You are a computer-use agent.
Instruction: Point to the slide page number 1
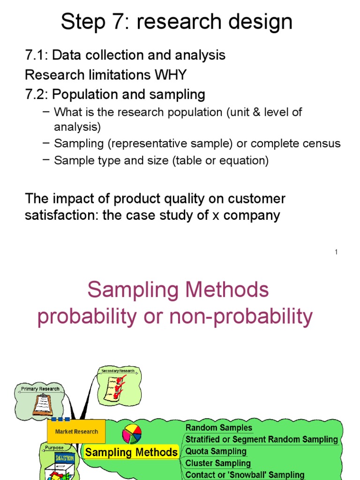[336, 252]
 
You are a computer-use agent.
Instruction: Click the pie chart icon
[132, 434]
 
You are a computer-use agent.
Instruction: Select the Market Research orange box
[76, 431]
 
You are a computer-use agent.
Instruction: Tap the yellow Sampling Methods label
[131, 452]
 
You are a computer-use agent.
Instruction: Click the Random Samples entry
[219, 427]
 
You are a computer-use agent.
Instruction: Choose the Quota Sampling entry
[216, 451]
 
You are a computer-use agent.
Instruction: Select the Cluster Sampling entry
[218, 463]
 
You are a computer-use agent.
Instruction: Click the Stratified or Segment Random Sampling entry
[262, 439]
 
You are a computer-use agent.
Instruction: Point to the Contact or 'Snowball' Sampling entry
[245, 474]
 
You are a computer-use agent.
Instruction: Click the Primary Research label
[40, 389]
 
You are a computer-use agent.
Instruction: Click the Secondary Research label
[118, 371]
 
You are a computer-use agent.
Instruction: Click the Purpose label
[54, 448]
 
